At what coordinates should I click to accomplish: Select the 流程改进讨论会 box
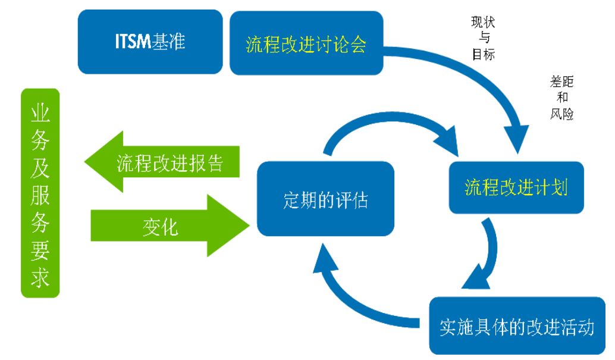(x=305, y=44)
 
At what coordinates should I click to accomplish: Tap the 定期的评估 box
(x=325, y=199)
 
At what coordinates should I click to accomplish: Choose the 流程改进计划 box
(x=516, y=187)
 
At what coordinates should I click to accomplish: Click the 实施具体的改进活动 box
(x=516, y=326)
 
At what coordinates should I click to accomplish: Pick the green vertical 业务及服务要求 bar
(x=40, y=193)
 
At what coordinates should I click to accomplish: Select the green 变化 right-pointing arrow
(x=170, y=226)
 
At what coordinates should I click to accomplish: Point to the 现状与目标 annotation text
(x=483, y=39)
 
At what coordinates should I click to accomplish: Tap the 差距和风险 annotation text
(x=561, y=98)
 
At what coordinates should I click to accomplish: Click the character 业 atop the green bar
(x=40, y=111)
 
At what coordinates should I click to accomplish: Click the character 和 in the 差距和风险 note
(x=562, y=98)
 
